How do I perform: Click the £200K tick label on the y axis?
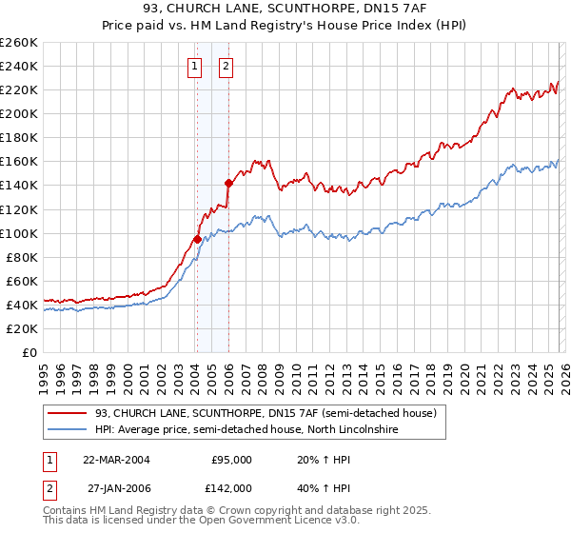coord(19,113)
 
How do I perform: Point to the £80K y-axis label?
coord(22,257)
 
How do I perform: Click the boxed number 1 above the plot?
coord(195,67)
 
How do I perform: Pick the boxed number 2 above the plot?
coord(226,67)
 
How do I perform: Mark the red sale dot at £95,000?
coord(197,239)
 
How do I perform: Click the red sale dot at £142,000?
coord(228,183)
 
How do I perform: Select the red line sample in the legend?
coord(68,414)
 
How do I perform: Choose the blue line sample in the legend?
coord(68,430)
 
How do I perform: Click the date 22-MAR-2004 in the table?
coord(116,459)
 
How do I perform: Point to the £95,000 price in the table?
coord(230,459)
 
